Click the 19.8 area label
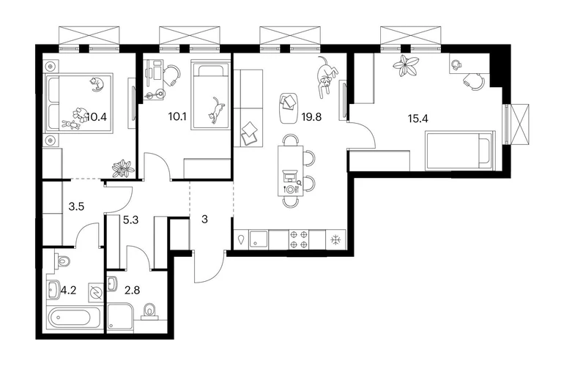click(311, 117)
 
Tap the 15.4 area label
click(418, 119)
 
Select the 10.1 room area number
click(177, 116)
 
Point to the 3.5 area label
click(76, 206)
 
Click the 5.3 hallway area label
click(130, 220)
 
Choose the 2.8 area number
click(132, 290)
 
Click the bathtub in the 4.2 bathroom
click(74, 317)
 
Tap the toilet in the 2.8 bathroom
click(149, 311)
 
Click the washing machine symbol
click(96, 293)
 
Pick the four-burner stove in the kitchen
click(299, 239)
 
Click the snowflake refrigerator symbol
click(335, 239)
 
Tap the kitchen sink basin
click(259, 239)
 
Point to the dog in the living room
click(327, 77)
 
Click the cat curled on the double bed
click(97, 84)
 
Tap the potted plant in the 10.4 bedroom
click(123, 168)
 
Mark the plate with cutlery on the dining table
click(289, 189)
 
